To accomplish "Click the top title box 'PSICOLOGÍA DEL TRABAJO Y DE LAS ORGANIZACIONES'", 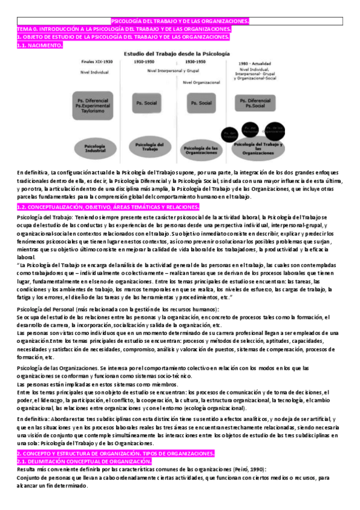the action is point(180,21).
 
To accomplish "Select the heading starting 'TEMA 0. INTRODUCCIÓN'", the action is point(124,29).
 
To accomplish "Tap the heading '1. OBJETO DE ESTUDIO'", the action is point(123,37).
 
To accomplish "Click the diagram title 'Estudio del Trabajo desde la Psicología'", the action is point(176,54).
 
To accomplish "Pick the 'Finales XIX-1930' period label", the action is point(96,62).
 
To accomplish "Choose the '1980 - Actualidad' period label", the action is point(255,62).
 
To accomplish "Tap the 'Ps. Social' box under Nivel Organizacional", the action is point(201,103).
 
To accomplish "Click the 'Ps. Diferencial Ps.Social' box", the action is point(255,103).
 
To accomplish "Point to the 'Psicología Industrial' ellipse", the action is point(96,147).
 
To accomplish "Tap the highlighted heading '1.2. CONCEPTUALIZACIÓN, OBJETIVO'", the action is point(108,207).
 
